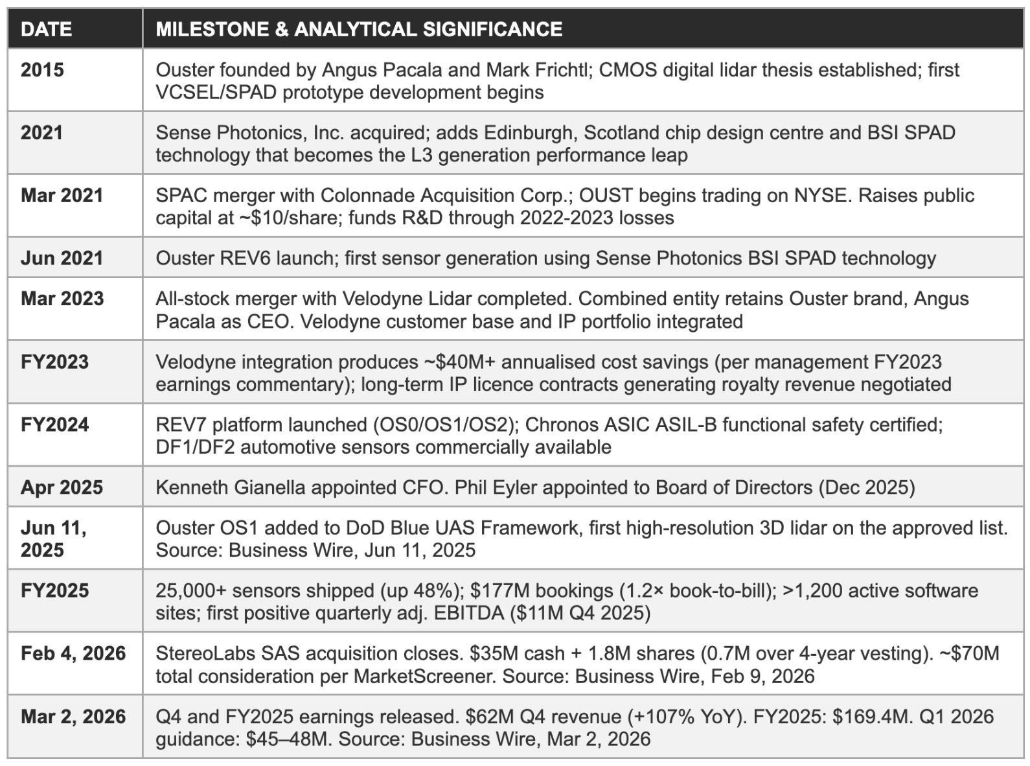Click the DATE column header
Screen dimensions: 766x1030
[46, 29]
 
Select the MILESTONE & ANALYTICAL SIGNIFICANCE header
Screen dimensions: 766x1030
[359, 29]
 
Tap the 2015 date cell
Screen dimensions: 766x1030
[42, 70]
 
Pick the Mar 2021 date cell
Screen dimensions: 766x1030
[62, 196]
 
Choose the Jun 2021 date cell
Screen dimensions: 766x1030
[62, 258]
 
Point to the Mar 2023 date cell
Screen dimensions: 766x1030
[62, 299]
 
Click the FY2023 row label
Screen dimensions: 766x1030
[54, 362]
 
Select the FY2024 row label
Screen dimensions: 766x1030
[54, 424]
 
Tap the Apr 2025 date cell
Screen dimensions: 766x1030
[62, 487]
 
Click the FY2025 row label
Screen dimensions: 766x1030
[54, 590]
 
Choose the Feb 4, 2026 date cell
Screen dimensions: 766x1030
[73, 653]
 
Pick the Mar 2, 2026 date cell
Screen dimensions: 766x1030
[73, 716]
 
